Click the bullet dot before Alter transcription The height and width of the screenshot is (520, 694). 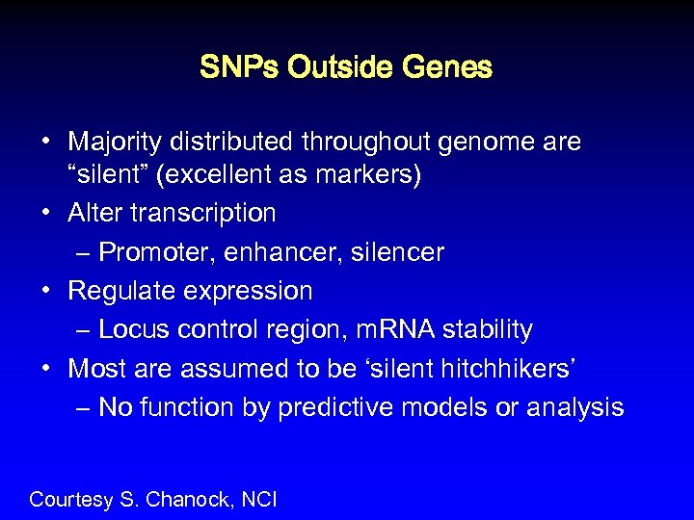[x=46, y=212]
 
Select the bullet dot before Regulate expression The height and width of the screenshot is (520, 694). [x=46, y=290]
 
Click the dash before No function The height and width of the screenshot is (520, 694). [x=82, y=408]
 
